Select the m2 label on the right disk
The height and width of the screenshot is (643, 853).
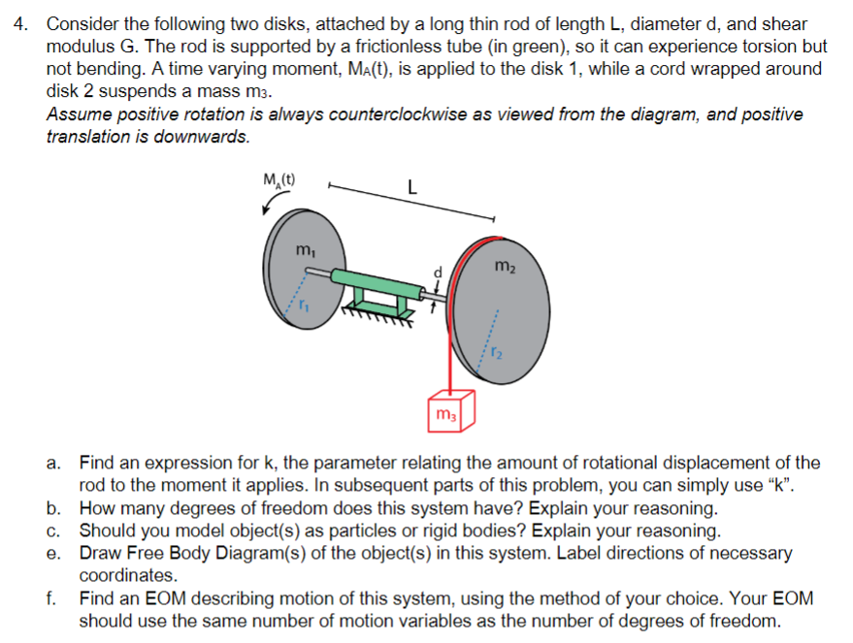point(505,265)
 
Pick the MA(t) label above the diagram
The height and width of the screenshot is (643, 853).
point(279,178)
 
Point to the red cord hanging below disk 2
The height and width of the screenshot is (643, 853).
point(450,349)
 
